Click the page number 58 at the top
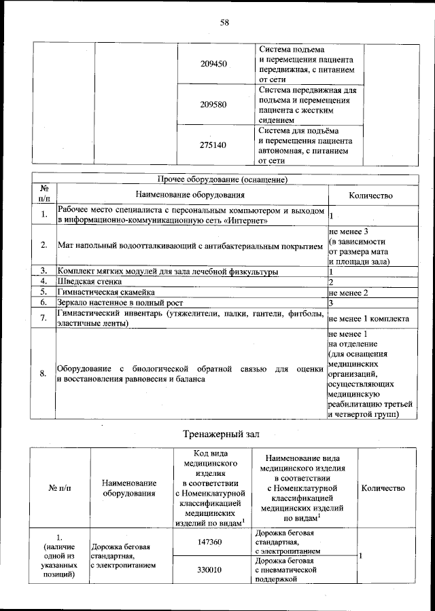[x=224, y=22]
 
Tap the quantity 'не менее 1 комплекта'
[x=368, y=318]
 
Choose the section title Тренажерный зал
[x=222, y=434]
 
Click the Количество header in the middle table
[x=370, y=195]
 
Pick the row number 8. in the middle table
[x=43, y=373]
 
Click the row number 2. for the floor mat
[x=43, y=244]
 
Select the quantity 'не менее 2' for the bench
[x=348, y=293]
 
